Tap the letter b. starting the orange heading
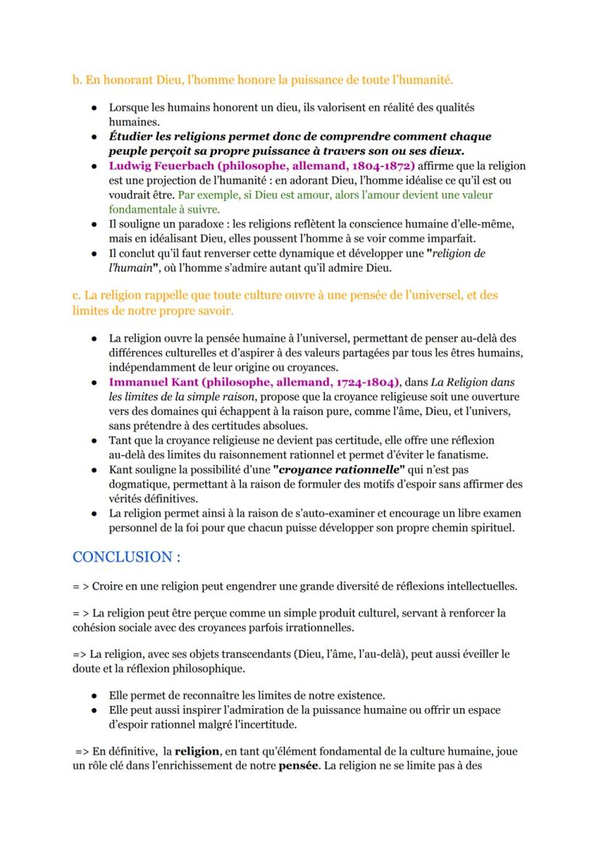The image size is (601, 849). pos(76,78)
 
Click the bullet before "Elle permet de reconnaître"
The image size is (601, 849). pos(94,695)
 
